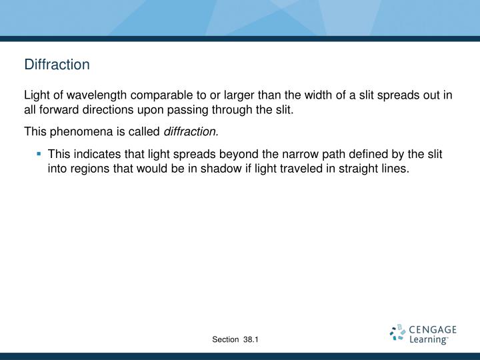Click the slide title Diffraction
tap(57, 65)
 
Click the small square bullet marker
tap(39, 153)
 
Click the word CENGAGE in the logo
tap(433, 329)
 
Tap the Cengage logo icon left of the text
tap(397, 333)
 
